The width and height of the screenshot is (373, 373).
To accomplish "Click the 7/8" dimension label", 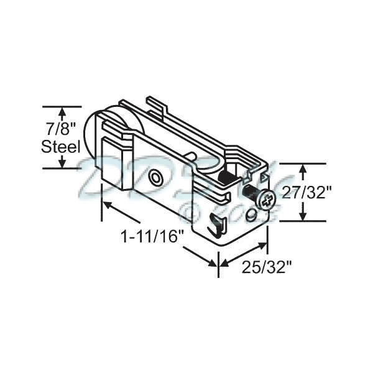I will tap(62, 129).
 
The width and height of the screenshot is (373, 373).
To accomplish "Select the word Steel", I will tap(61, 147).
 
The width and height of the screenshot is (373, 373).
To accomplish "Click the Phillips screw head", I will tap(266, 200).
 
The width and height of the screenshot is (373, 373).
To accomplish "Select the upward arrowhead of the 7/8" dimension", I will tap(62, 112).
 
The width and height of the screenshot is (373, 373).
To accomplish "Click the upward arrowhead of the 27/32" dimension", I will tap(303, 168).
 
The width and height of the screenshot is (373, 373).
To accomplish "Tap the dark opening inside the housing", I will tap(228, 178).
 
